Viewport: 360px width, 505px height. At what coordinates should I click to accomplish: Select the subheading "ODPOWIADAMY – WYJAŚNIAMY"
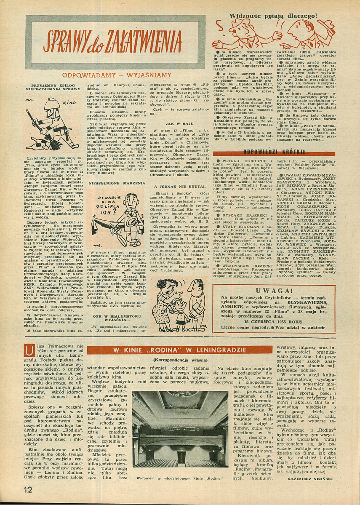coord(116,75)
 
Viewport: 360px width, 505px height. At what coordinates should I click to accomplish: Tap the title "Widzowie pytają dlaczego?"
coord(274,17)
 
